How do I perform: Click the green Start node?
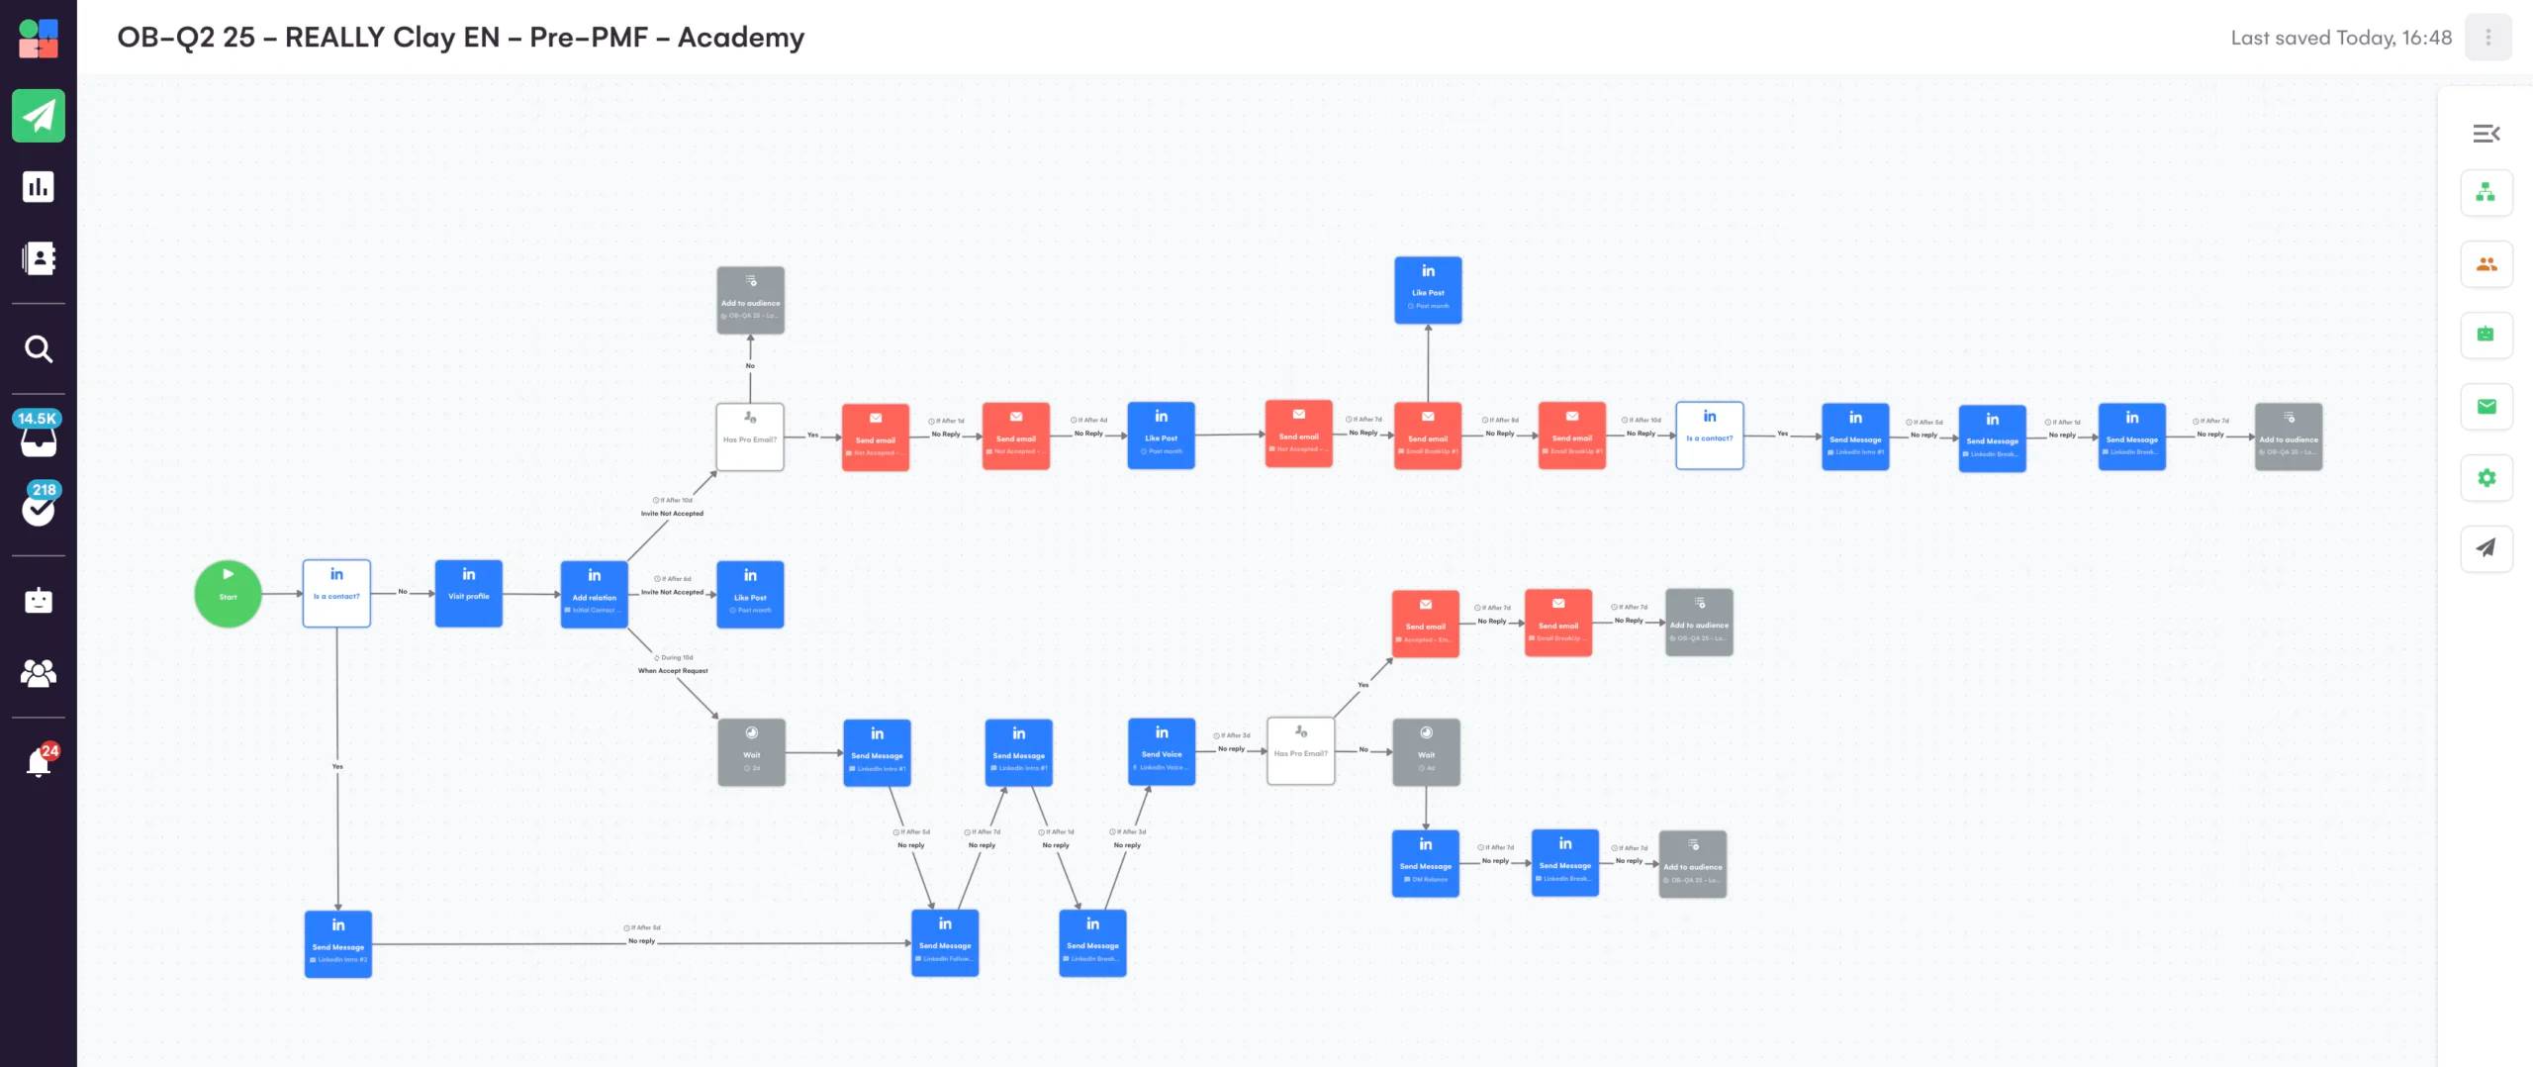click(x=228, y=594)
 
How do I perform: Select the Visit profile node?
click(x=468, y=594)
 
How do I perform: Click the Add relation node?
click(x=594, y=595)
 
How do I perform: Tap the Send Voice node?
click(x=1162, y=752)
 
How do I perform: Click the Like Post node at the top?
click(x=1428, y=290)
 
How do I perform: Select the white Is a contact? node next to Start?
click(x=336, y=594)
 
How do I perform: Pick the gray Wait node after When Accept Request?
click(x=751, y=753)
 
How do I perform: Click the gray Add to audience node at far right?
click(x=2288, y=436)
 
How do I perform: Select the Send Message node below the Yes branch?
click(x=337, y=944)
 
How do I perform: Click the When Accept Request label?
click(x=673, y=671)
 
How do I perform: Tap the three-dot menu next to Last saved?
click(x=2487, y=38)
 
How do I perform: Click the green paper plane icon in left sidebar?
click(x=39, y=116)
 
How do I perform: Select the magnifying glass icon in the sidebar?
click(x=39, y=349)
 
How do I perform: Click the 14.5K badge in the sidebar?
click(x=37, y=419)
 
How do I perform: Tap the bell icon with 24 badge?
click(x=39, y=762)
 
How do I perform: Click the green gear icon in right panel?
click(x=2486, y=478)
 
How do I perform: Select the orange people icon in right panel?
click(x=2486, y=264)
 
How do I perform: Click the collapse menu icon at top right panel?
click(x=2486, y=134)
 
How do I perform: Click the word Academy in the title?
click(x=740, y=38)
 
